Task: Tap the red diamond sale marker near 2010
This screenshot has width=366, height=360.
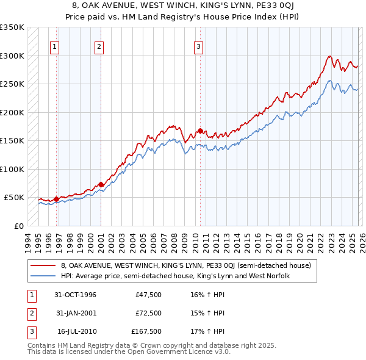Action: pyautogui.click(x=200, y=131)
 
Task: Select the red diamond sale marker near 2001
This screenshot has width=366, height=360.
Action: pyautogui.click(x=101, y=184)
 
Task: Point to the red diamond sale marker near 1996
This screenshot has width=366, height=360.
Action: pyautogui.click(x=56, y=199)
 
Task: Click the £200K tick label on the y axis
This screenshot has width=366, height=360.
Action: pyautogui.click(x=12, y=112)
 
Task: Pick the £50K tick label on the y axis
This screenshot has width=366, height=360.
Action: pyautogui.click(x=14, y=198)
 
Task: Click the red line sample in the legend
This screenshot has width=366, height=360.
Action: pyautogui.click(x=43, y=265)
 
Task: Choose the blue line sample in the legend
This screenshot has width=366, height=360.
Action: pyautogui.click(x=43, y=276)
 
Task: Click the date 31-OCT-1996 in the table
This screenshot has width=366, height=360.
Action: pyautogui.click(x=75, y=295)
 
